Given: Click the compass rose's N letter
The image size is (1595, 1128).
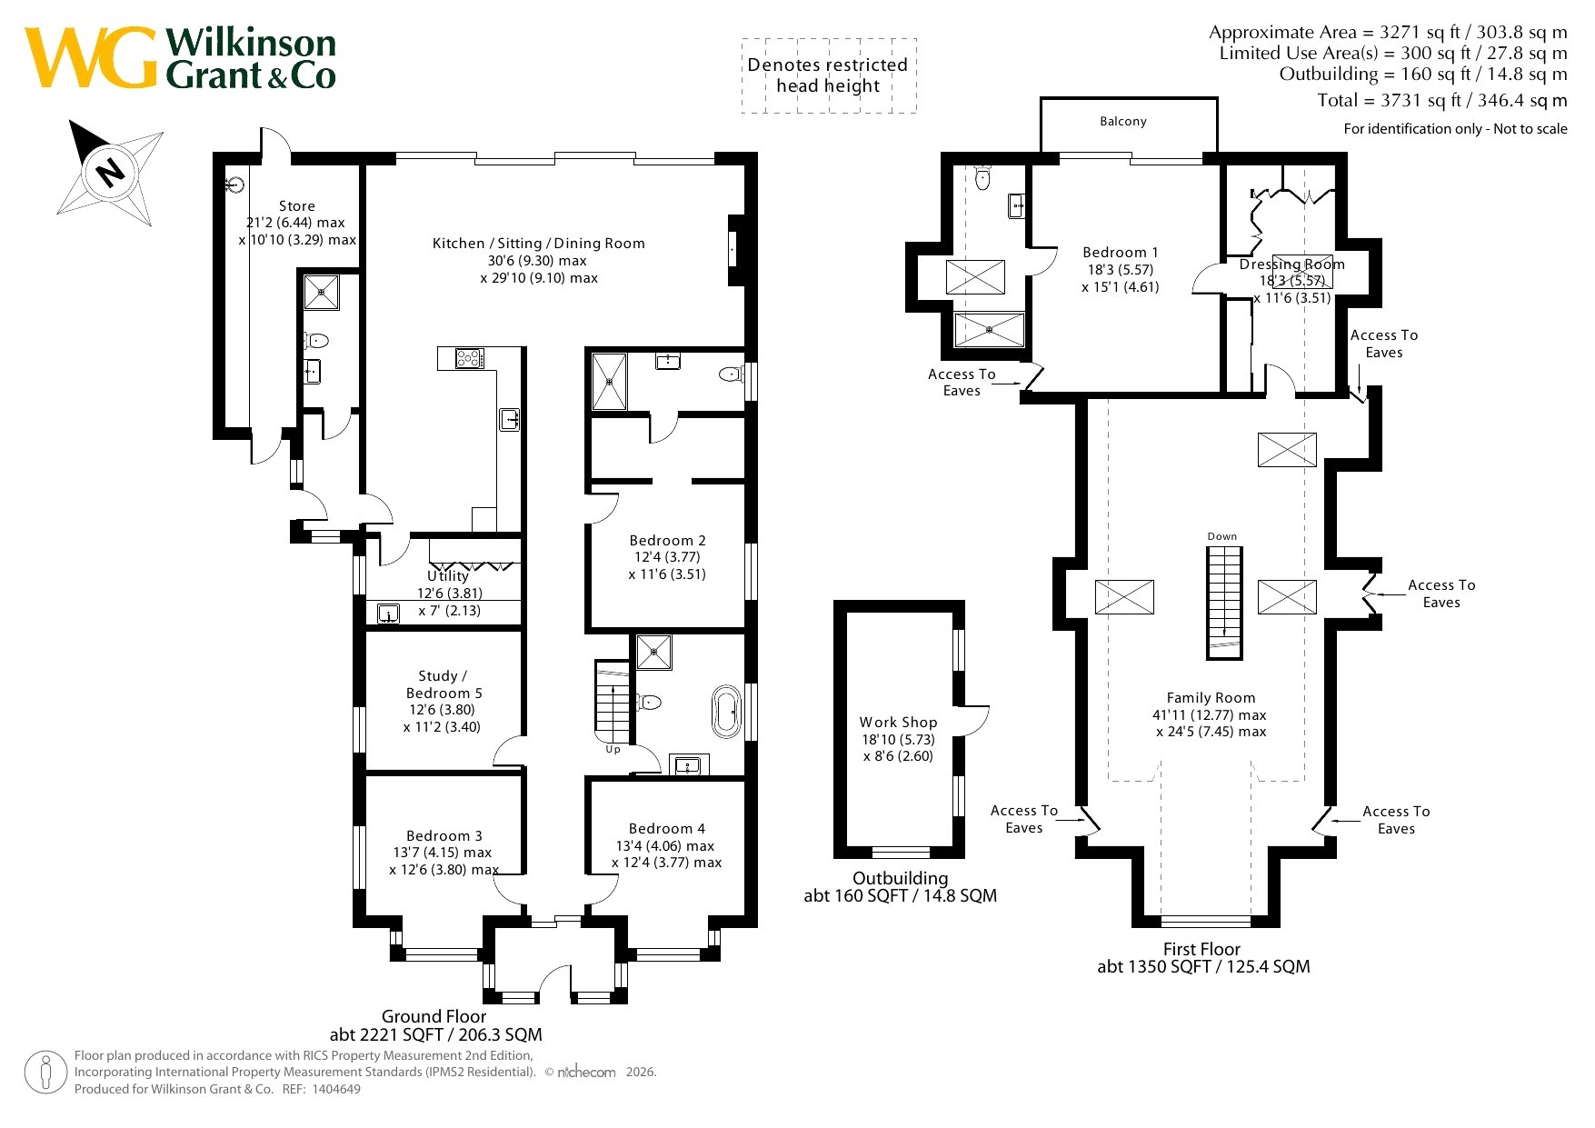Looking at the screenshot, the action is pyautogui.click(x=111, y=171).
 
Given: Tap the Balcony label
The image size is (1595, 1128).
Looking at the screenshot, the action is pyautogui.click(x=1123, y=121).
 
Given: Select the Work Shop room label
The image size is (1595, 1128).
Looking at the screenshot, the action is pyautogui.click(x=898, y=722).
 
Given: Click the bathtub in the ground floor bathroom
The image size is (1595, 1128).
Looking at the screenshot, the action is pyautogui.click(x=727, y=712).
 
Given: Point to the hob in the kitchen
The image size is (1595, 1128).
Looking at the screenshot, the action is pyautogui.click(x=469, y=358).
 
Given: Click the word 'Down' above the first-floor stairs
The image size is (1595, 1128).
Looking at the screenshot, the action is pyautogui.click(x=1222, y=536).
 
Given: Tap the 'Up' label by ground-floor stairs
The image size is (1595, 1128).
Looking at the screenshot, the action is pyautogui.click(x=613, y=750).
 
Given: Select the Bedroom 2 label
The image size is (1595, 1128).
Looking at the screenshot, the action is pyautogui.click(x=667, y=540).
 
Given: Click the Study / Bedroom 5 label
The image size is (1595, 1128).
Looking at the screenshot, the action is pyautogui.click(x=444, y=684).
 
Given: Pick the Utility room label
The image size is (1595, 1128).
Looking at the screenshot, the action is pyautogui.click(x=448, y=575).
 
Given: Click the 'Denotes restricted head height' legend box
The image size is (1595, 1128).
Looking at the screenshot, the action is pyautogui.click(x=829, y=75).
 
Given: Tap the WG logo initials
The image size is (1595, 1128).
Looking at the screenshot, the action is pyautogui.click(x=91, y=58).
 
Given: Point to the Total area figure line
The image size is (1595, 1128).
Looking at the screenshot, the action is pyautogui.click(x=1442, y=100).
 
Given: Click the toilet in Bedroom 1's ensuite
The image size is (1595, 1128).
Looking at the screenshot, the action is pyautogui.click(x=982, y=176).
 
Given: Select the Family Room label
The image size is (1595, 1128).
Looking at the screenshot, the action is pyautogui.click(x=1211, y=697).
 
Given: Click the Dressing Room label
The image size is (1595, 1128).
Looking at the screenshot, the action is pyautogui.click(x=1291, y=265).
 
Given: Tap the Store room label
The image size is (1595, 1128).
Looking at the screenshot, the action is pyautogui.click(x=297, y=206).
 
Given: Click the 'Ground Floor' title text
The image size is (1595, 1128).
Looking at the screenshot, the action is pyautogui.click(x=434, y=1016).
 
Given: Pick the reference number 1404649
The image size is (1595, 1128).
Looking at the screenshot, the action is pyautogui.click(x=335, y=1089).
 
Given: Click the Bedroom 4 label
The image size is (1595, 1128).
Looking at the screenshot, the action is pyautogui.click(x=666, y=828).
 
